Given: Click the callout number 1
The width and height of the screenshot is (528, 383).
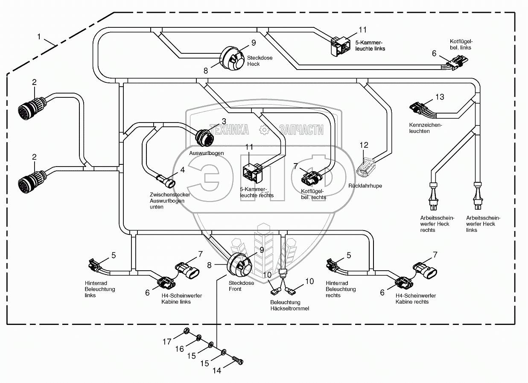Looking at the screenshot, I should (x=39, y=37).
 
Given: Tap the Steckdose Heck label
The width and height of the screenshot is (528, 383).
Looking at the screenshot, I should (x=254, y=61).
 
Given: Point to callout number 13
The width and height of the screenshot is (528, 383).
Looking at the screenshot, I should (x=440, y=97).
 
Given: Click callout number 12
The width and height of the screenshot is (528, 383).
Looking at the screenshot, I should (x=364, y=145).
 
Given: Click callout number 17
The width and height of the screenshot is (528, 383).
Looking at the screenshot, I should (x=167, y=341).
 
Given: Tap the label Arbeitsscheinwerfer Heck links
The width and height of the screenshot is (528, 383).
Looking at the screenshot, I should (x=483, y=224).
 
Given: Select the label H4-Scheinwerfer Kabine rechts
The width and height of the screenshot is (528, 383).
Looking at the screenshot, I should (x=412, y=298).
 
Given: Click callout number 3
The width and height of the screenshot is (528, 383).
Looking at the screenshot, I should (x=223, y=121).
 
